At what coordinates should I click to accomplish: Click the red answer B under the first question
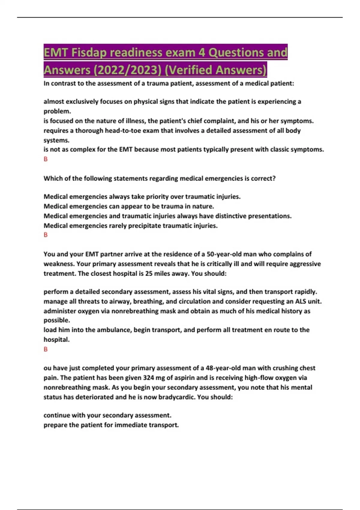46,159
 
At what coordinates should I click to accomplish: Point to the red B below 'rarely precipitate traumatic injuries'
46,235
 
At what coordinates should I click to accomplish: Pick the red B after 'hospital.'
46,349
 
